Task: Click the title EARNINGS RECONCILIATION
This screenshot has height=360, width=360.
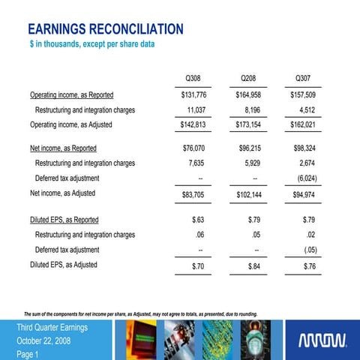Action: pyautogui.click(x=105, y=30)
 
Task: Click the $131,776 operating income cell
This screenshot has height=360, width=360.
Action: pyautogui.click(x=194, y=95)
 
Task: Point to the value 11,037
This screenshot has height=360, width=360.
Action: pyautogui.click(x=196, y=110)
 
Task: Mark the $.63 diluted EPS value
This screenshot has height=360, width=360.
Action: pyautogui.click(x=199, y=220)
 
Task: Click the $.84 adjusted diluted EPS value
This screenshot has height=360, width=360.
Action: pyautogui.click(x=253, y=266)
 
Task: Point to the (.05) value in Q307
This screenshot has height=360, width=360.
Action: pyautogui.click(x=309, y=250)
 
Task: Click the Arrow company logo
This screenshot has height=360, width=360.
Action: pyautogui.click(x=322, y=342)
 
